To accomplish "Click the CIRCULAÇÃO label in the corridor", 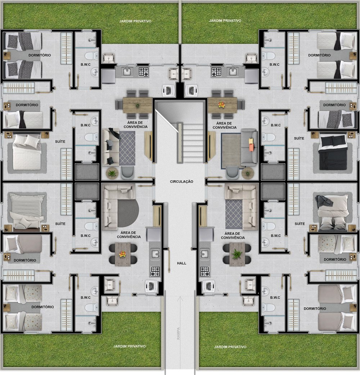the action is coord(181,181).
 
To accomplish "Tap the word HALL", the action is coord(181,263).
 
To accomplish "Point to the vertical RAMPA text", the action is coord(178,334).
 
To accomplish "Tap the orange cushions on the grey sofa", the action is coord(251,145).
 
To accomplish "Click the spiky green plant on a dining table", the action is coord(237,254).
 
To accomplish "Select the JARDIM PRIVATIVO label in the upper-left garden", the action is coord(135,21).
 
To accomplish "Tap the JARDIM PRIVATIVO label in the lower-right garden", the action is coord(230,347).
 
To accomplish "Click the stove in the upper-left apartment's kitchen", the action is coord(144,72).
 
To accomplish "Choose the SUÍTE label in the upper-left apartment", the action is coord(60,141).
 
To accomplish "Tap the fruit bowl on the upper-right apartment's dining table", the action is coord(221,104).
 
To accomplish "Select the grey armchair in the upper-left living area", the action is coord(127,173).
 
